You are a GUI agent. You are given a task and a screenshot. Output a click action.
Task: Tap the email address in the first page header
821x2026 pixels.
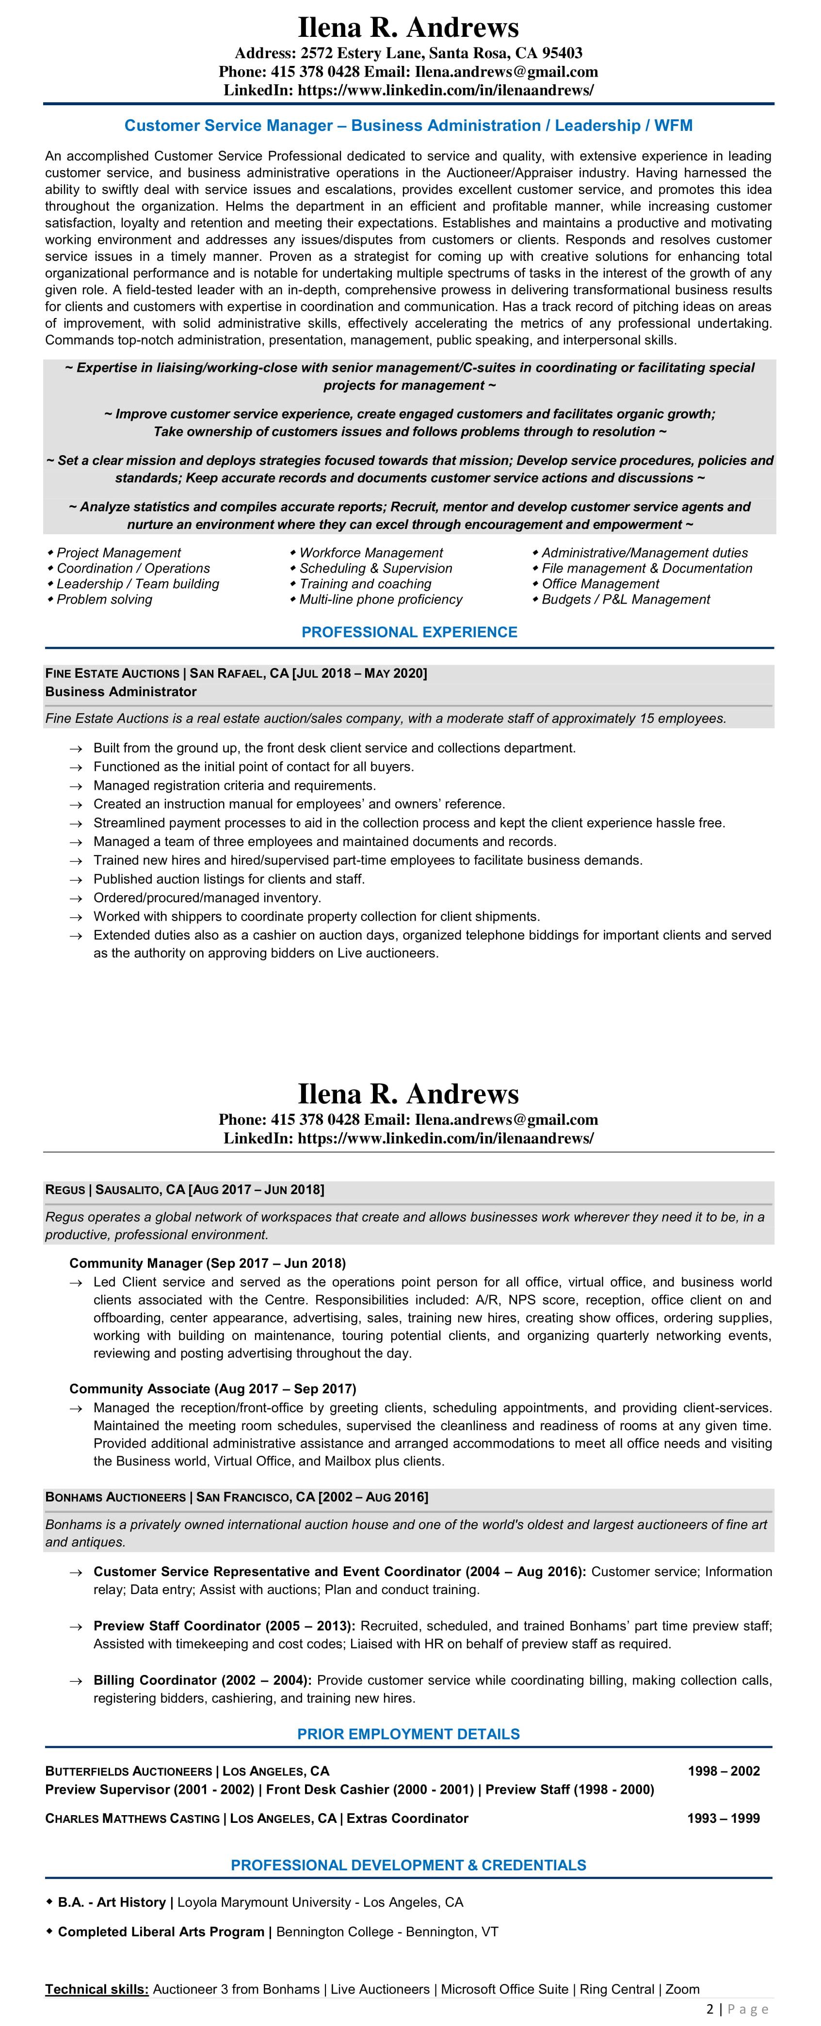click(506, 72)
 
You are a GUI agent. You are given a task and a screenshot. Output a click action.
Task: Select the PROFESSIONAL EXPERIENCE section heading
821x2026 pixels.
click(409, 632)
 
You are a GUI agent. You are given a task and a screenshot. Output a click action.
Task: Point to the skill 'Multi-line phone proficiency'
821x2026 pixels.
click(381, 599)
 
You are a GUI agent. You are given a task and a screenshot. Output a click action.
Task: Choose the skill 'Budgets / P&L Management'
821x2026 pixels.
click(625, 599)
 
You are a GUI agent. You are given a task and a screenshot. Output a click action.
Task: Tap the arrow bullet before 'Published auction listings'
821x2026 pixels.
click(76, 880)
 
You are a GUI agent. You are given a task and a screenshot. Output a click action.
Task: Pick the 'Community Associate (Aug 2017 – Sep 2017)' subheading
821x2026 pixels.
click(212, 1389)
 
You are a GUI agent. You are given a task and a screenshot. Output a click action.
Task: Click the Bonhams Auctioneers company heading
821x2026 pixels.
click(115, 1498)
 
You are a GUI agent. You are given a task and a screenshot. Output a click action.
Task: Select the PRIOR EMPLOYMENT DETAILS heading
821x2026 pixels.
click(408, 1734)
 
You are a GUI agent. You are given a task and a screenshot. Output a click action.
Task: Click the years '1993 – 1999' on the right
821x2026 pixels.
click(723, 1819)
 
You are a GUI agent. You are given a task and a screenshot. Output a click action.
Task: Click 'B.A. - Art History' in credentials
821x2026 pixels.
click(112, 1902)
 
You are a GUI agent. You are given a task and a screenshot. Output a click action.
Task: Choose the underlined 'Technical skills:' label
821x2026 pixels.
click(97, 1989)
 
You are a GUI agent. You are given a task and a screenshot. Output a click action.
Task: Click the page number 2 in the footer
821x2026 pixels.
click(710, 2010)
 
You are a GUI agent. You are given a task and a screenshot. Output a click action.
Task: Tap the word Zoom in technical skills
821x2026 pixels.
click(682, 1989)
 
